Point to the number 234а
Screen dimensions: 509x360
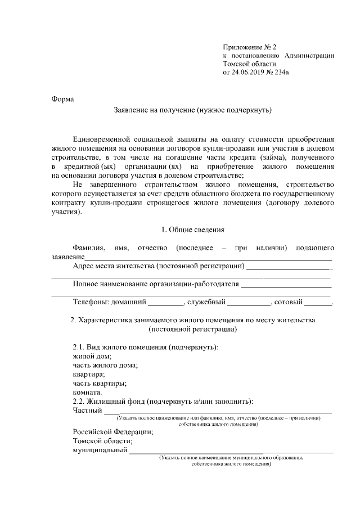tap(285, 72)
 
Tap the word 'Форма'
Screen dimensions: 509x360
tap(62, 100)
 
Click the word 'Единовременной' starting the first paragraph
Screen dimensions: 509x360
tap(105, 138)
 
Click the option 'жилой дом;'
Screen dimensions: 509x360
tap(92, 356)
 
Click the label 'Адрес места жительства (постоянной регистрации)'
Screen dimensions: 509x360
tap(159, 265)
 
